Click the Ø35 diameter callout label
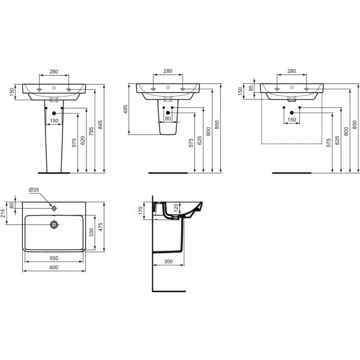point(34,190)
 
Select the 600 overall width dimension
point(54,268)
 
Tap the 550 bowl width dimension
point(54,258)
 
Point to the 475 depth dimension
point(100,227)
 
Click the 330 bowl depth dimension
point(91,232)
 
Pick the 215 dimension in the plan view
point(3,213)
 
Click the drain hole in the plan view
point(54,224)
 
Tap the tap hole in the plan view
point(54,208)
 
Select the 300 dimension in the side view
point(168,262)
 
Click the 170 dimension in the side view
point(140,211)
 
